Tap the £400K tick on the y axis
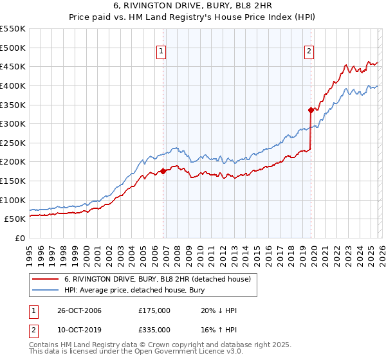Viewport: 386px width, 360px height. tap(14, 85)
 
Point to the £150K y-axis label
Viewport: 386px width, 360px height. tap(14, 181)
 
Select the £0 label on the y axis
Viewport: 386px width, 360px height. tap(21, 238)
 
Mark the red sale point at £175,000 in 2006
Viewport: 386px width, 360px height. tap(163, 171)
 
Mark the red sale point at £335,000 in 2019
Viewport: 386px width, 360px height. tap(310, 110)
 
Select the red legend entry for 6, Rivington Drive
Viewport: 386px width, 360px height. tap(161, 279)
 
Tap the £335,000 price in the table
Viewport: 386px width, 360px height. tap(154, 329)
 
